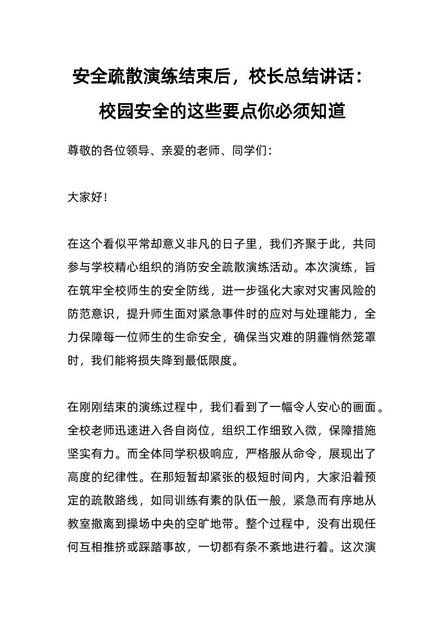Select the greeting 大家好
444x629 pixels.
tap(85, 197)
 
